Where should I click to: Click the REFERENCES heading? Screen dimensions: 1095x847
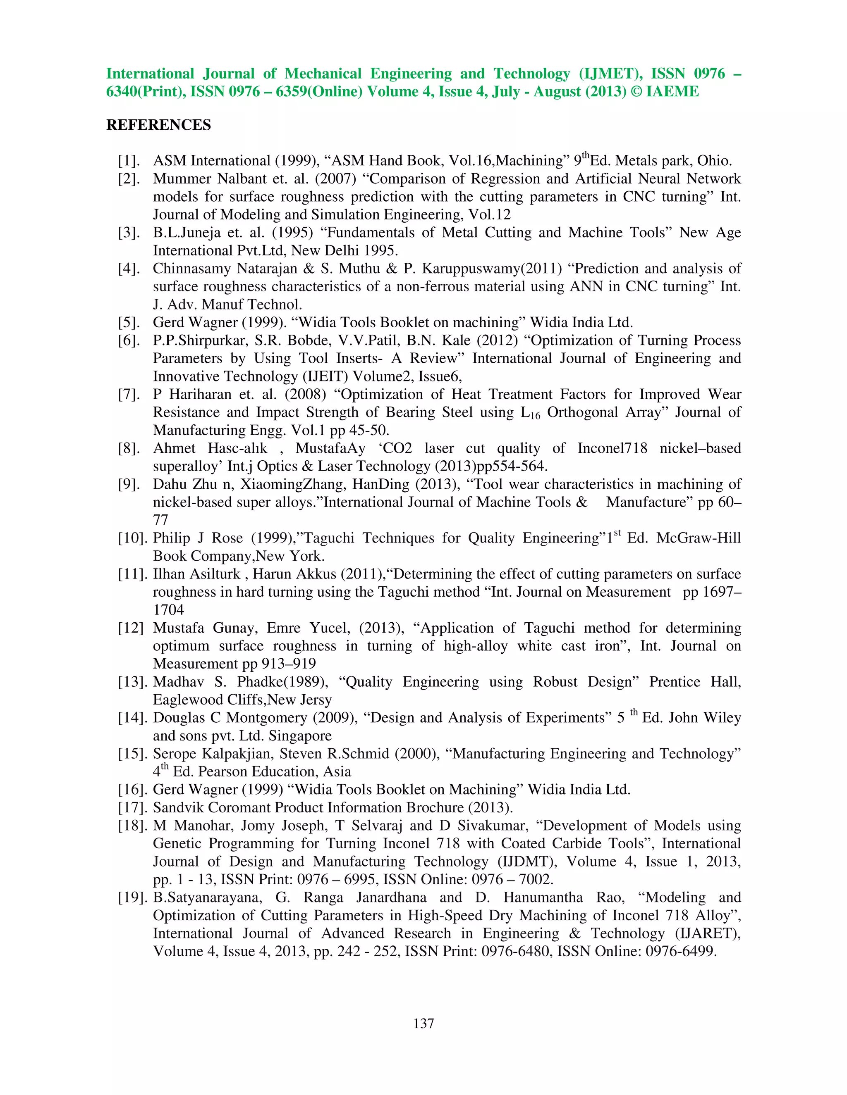point(158,125)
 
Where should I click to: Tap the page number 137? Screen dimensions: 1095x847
point(423,1023)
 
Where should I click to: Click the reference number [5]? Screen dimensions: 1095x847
point(129,322)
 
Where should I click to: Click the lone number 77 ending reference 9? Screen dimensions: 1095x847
point(160,520)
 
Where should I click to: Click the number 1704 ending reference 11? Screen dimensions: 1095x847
point(169,609)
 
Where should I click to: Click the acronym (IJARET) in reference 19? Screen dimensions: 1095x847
point(708,933)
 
